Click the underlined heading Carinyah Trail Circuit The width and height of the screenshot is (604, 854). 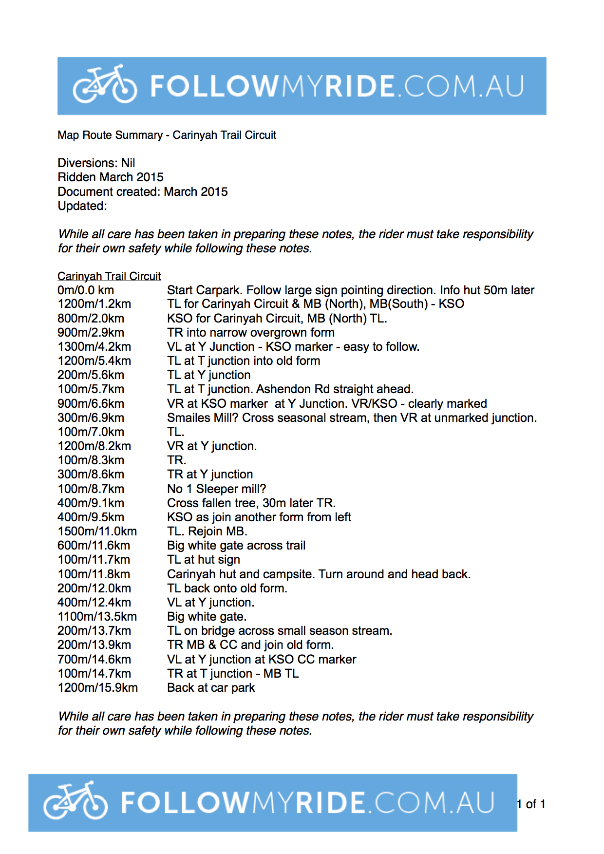pos(109,276)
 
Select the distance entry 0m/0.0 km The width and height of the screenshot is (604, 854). pos(86,290)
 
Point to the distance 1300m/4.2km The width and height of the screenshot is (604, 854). pos(94,347)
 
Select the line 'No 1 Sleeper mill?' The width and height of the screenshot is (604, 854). pos(216,489)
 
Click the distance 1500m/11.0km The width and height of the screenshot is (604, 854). pos(97,531)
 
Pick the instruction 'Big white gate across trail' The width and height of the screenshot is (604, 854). pos(236,546)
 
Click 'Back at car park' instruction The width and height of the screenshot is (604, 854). pos(211,688)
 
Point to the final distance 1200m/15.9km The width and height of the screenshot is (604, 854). pos(97,688)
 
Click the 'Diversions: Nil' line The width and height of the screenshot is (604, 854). pos(96,163)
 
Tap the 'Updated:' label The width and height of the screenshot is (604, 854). pos(82,206)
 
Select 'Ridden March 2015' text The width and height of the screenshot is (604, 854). pos(111,177)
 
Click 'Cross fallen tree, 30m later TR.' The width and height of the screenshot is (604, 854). pos(251,503)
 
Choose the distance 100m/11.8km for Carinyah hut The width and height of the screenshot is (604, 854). pos(94,574)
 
